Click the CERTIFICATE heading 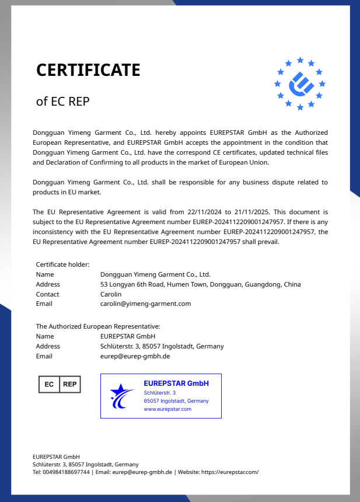[88, 70]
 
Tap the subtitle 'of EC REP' [63, 102]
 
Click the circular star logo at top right [300, 83]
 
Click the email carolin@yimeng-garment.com [145, 304]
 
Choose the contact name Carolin [111, 294]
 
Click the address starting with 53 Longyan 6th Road [200, 284]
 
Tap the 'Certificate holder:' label [62, 264]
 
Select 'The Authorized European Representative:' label [97, 326]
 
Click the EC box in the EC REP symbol [49, 384]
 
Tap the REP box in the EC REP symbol [69, 384]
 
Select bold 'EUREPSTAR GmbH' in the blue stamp [176, 384]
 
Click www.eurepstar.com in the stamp [167, 409]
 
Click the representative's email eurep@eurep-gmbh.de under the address [135, 356]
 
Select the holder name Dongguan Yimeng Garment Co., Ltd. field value [155, 274]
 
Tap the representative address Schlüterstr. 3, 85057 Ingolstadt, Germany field [162, 346]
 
